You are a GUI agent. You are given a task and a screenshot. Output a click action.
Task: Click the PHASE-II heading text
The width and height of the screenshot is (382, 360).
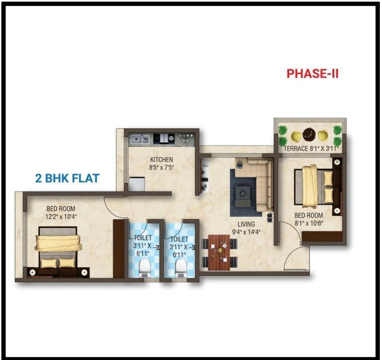click(313, 73)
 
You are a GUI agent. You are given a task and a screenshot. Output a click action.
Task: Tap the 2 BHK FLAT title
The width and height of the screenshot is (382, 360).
click(67, 178)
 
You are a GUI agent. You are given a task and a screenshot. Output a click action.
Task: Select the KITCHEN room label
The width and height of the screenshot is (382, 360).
click(161, 159)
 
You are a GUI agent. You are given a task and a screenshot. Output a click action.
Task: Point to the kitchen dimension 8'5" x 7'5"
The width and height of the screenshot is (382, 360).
click(161, 168)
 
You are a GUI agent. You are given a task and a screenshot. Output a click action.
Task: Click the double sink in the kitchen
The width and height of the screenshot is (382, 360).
click(139, 139)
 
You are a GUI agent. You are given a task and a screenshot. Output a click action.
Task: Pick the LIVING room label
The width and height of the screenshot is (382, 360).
click(246, 224)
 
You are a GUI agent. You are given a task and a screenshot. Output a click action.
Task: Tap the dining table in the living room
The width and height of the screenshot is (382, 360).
click(219, 252)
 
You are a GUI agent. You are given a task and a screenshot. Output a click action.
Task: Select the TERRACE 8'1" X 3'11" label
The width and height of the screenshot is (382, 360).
click(310, 149)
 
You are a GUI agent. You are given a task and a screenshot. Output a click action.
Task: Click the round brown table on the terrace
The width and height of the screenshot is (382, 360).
click(309, 134)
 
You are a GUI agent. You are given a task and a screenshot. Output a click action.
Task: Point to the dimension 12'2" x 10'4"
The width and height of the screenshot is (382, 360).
click(61, 217)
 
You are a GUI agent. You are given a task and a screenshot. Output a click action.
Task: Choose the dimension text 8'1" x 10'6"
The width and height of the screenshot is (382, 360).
click(309, 223)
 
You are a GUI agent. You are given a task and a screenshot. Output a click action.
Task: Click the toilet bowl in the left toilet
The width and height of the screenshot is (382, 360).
click(145, 268)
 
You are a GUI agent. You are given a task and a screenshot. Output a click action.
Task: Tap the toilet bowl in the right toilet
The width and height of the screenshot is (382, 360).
click(181, 268)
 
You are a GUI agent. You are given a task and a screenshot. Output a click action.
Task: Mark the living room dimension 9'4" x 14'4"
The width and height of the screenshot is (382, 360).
click(246, 232)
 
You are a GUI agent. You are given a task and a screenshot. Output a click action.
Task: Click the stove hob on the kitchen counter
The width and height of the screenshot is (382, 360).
click(164, 138)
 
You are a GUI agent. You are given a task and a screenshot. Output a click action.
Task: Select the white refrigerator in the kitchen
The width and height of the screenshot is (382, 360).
click(137, 184)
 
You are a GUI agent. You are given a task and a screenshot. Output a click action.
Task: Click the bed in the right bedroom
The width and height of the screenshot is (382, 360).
click(314, 186)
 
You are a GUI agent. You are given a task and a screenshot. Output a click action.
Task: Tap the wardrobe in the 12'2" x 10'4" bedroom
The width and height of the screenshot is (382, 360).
click(119, 249)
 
